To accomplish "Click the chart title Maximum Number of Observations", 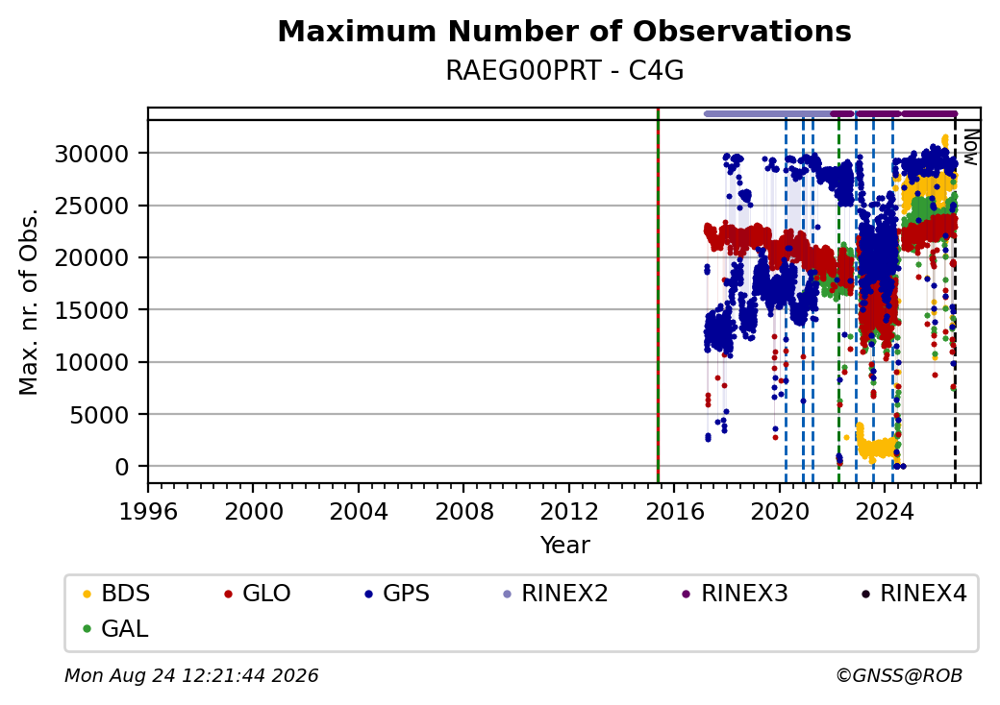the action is [564, 31].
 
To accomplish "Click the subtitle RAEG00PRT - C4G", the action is [564, 71].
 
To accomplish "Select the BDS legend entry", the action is [116, 594].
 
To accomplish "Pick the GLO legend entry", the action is [258, 594].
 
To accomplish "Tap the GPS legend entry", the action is [397, 594].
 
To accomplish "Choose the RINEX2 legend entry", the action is [556, 594].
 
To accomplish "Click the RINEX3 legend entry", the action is [736, 594].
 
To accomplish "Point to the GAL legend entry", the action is [116, 628].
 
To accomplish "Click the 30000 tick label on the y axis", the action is [91, 154].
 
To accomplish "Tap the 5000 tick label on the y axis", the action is [99, 415].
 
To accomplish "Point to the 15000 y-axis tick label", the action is [91, 310].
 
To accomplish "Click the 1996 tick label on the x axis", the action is [149, 511].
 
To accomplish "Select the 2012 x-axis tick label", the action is [569, 511].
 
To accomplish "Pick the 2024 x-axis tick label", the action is [885, 511].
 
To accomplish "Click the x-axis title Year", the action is [565, 546].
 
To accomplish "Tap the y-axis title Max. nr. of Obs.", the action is [29, 302].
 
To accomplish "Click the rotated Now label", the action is [970, 147].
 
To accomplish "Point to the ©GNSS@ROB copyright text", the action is [899, 675].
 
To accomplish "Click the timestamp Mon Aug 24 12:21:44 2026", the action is [191, 675].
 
